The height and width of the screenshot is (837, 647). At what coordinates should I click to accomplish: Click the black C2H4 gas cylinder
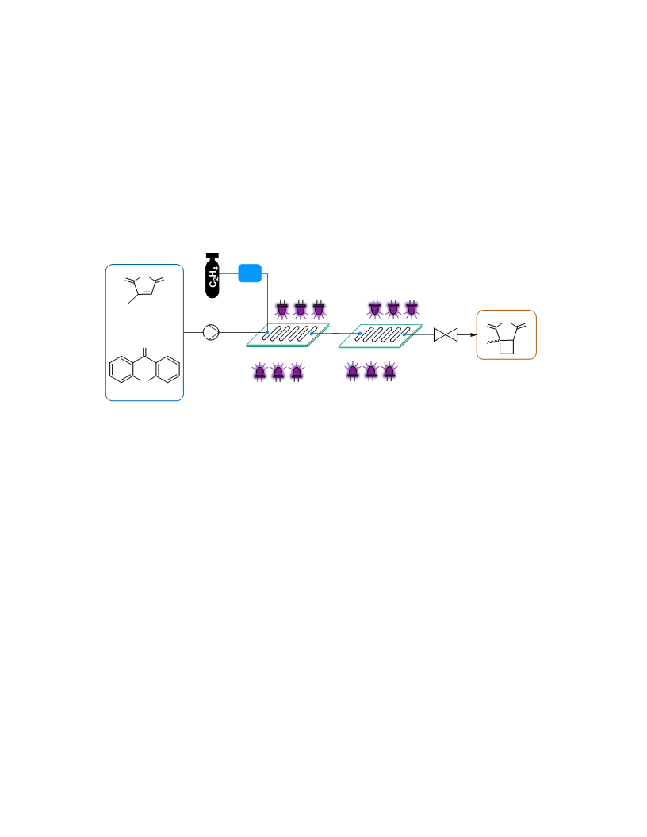point(212,276)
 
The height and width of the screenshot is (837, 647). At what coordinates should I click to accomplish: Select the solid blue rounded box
point(250,273)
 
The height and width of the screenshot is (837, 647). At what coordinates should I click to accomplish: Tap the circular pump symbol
point(211,332)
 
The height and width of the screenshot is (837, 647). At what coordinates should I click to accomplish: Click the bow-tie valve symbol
point(446,334)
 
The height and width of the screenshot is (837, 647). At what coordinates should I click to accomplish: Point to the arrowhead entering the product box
point(473,334)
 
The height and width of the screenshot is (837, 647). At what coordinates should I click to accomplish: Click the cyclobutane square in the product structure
point(507,347)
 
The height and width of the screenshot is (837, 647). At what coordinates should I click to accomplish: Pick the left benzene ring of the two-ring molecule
point(121,369)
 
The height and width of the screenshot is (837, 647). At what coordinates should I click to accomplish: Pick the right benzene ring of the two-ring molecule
point(167,369)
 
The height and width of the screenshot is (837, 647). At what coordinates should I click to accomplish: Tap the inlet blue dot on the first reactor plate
point(267,333)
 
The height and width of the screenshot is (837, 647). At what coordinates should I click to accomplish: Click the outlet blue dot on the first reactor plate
point(312,334)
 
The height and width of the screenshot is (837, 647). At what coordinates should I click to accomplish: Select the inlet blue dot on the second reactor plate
point(360,334)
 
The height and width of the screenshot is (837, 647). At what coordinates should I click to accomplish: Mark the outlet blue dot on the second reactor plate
point(404,334)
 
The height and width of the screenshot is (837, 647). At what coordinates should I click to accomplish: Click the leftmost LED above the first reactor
point(282,310)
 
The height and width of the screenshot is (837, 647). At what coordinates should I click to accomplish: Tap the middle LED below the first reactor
point(278,372)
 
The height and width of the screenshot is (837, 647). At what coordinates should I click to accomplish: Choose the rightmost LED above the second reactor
point(412,309)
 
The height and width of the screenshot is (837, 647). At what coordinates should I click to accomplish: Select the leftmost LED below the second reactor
point(353,372)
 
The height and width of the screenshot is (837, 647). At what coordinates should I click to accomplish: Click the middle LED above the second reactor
point(393,309)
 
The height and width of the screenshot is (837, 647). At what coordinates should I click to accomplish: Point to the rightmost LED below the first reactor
point(297,372)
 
